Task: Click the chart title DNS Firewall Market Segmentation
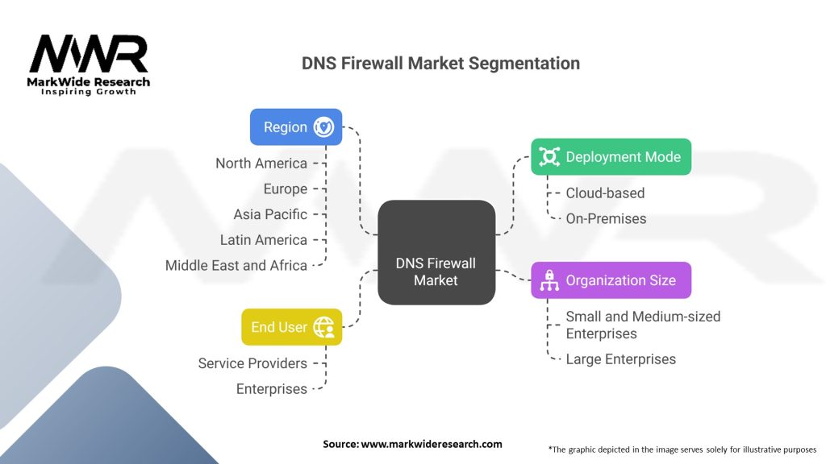coord(440,63)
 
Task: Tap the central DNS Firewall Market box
coord(436,252)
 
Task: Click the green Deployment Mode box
coord(611,157)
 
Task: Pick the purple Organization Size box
coord(611,280)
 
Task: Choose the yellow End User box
coord(291,327)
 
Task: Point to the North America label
coord(261,164)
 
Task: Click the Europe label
coord(286,189)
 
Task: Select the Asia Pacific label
coord(270,214)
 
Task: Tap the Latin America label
coord(264,240)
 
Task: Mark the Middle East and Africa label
coord(236,265)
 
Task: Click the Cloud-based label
coord(605,193)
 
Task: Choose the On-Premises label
coord(606,218)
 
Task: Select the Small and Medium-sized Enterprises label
coord(642,325)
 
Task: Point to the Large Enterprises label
coord(620,359)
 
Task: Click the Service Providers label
coord(252,363)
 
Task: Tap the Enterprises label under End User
coord(272,389)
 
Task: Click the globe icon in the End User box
coord(323,327)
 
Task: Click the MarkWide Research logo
coord(89,64)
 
